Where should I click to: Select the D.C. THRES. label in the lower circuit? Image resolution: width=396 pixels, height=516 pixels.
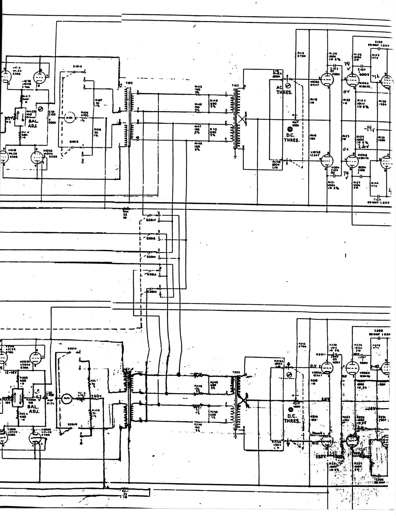tap(292, 418)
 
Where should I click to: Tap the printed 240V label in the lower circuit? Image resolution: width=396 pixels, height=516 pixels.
tap(97, 396)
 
